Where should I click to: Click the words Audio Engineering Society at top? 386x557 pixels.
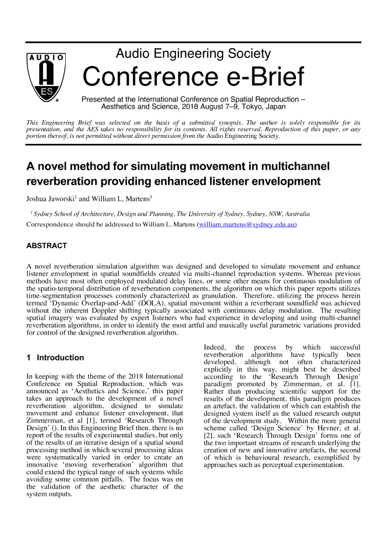(193, 54)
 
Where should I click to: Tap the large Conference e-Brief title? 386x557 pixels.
(193, 77)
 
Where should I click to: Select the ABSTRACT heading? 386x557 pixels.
(46, 246)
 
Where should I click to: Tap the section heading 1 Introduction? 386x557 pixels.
(55, 357)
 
